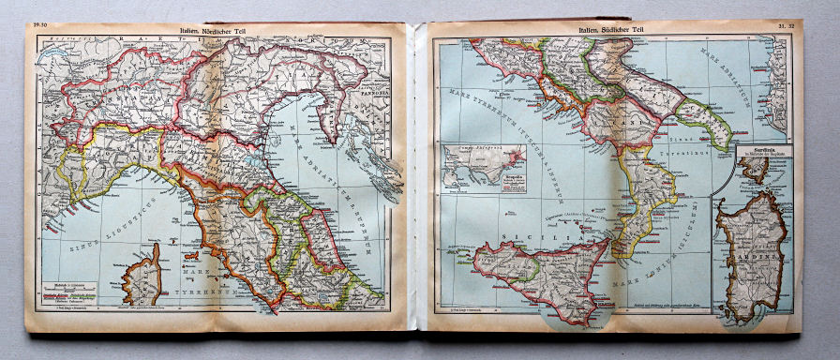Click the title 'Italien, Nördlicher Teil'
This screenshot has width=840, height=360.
(217, 30)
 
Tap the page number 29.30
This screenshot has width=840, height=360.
(43, 26)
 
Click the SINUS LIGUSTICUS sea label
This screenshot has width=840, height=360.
(103, 230)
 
